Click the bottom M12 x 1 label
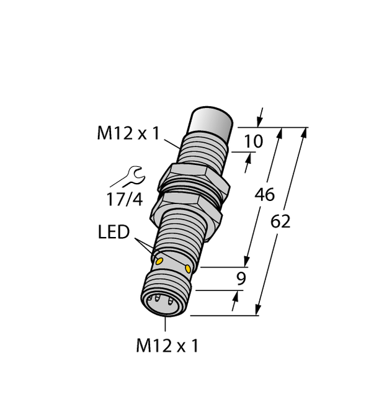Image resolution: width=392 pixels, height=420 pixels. pyautogui.click(x=167, y=346)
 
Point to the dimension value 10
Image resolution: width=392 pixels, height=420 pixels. pyautogui.click(x=254, y=142)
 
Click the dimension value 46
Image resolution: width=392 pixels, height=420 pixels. pyautogui.click(x=265, y=194)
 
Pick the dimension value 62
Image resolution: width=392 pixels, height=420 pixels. pyautogui.click(x=280, y=221)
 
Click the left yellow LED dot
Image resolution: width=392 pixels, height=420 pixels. pyautogui.click(x=159, y=261)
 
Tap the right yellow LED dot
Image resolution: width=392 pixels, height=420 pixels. pyautogui.click(x=188, y=268)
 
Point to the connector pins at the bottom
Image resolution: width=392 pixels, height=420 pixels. pyautogui.click(x=163, y=305)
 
